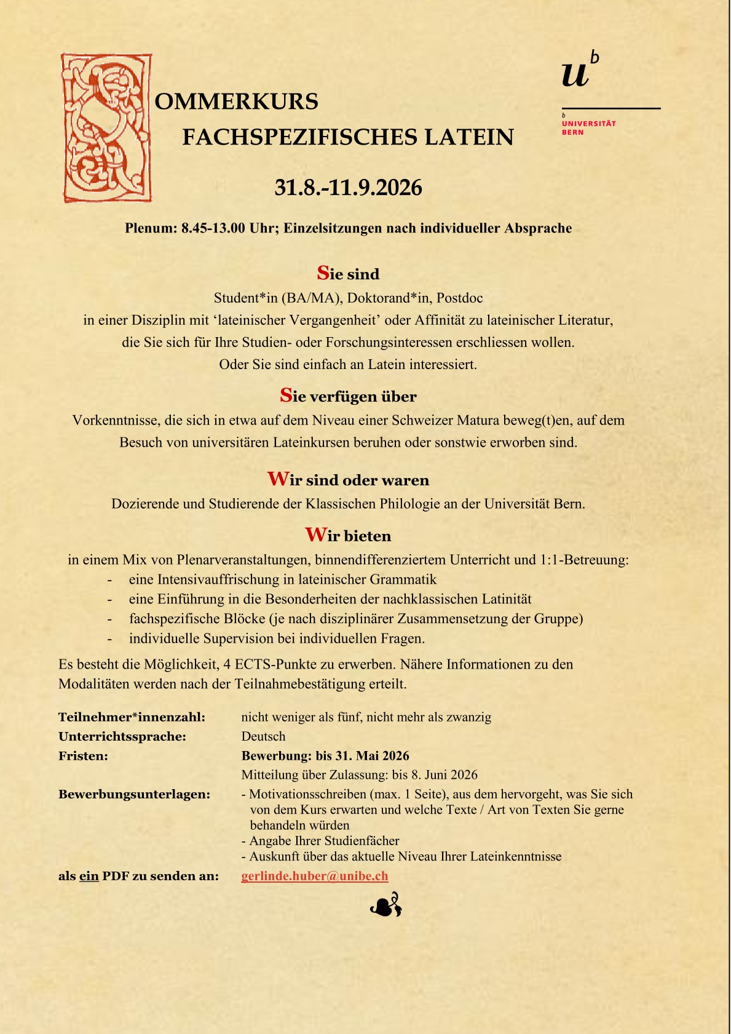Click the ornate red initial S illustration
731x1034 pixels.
tap(107, 128)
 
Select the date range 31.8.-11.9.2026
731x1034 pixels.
tap(348, 188)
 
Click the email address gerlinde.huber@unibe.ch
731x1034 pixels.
tap(315, 876)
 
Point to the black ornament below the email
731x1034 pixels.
tap(386, 905)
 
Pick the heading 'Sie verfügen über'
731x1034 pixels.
tap(348, 396)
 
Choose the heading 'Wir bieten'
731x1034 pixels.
tap(348, 535)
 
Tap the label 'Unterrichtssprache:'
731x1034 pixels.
tap(122, 736)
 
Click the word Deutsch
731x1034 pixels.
tap(263, 736)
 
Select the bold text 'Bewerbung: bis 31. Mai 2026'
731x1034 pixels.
tap(325, 756)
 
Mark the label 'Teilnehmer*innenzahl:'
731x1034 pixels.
tap(132, 717)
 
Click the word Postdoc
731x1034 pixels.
tap(459, 298)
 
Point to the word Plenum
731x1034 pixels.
tap(151, 229)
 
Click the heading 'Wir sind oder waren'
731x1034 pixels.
tap(348, 480)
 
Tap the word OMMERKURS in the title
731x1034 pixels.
tap(237, 101)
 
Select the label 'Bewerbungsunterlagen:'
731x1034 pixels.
tap(134, 794)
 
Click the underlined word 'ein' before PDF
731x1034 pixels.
tap(89, 876)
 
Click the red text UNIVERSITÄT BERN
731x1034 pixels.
tap(588, 127)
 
